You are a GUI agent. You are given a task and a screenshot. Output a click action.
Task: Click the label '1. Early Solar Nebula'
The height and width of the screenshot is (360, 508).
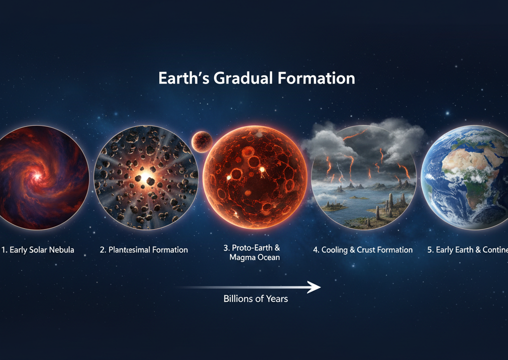38,250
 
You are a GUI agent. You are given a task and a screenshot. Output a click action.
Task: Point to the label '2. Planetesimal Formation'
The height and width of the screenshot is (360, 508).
144,250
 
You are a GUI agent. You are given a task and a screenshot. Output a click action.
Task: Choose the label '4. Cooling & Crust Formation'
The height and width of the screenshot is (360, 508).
363,250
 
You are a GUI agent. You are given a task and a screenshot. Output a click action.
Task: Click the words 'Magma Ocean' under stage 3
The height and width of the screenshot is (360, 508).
255,258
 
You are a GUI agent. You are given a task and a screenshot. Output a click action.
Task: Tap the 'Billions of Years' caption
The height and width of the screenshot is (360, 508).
256,299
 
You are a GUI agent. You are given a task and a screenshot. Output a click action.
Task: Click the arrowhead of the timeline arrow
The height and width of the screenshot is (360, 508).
315,287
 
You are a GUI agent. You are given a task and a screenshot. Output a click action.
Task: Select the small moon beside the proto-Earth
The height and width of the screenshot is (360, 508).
202,141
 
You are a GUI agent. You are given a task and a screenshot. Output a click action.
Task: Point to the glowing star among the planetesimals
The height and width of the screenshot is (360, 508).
145,177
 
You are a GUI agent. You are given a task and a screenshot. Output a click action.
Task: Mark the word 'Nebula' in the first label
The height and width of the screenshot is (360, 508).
61,250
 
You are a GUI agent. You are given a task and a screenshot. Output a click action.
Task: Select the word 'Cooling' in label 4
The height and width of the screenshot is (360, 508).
337,250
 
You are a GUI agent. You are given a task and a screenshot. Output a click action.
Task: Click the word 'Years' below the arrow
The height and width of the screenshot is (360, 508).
276,299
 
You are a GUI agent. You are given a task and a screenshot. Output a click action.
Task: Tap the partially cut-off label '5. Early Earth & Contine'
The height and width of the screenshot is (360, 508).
467,250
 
